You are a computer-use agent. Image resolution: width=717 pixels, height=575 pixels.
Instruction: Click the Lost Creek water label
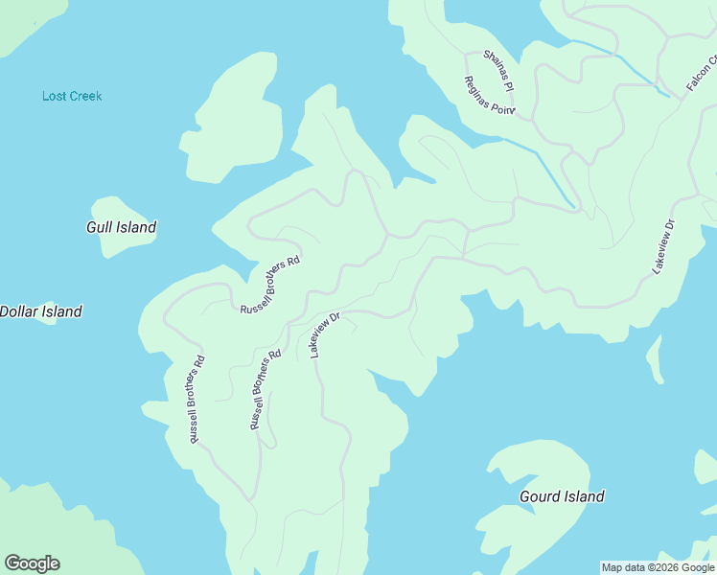point(72,96)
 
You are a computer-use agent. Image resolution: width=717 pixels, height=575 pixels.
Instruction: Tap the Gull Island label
point(121,228)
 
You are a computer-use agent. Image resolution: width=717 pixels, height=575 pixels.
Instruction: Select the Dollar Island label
point(40,311)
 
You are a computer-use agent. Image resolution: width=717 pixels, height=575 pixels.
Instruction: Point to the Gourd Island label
point(562,496)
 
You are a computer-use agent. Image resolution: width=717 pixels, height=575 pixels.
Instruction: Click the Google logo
point(32,563)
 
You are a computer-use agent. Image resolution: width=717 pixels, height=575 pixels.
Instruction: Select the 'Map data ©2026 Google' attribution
point(658,567)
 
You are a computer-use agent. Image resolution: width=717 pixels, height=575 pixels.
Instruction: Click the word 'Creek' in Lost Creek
point(85,96)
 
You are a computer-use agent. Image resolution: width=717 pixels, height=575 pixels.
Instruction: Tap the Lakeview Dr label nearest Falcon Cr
point(664,247)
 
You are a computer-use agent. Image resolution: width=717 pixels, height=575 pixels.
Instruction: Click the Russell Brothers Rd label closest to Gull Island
point(270,285)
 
